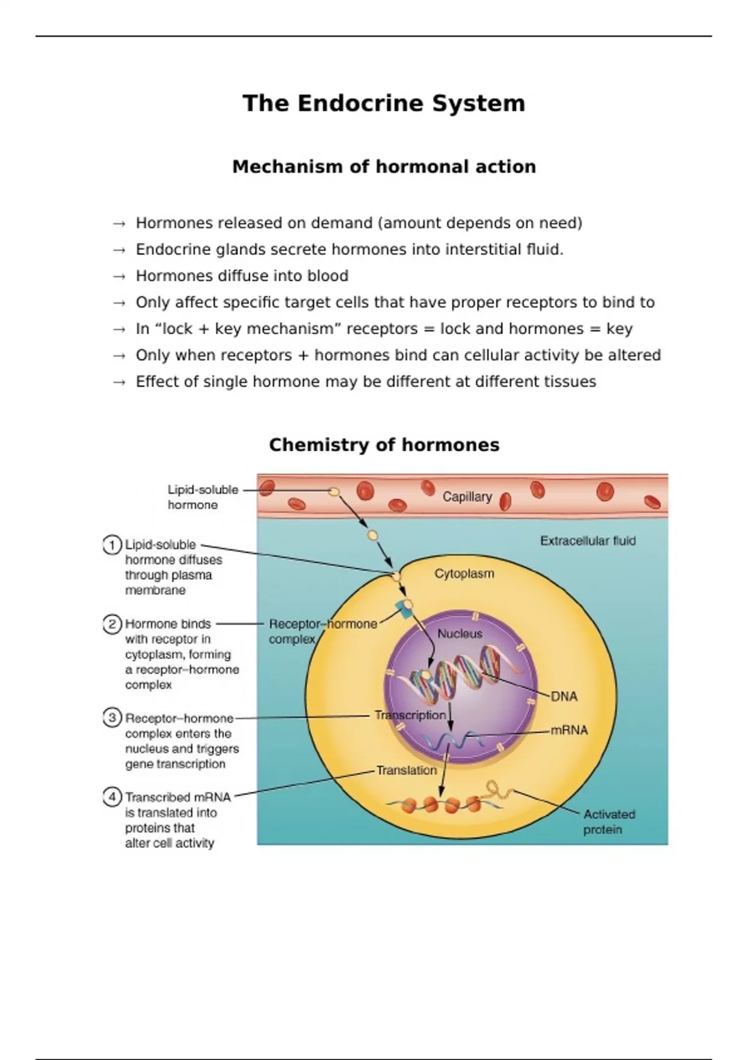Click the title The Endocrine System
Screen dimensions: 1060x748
click(x=383, y=104)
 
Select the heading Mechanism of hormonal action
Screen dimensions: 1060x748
click(x=383, y=167)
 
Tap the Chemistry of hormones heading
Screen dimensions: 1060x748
click(x=384, y=445)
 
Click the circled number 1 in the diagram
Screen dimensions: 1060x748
click(x=112, y=546)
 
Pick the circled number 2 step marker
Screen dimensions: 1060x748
click(x=112, y=624)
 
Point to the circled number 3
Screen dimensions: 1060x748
click(x=112, y=718)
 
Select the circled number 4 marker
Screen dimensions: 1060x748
click(x=112, y=797)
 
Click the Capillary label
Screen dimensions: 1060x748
click(x=467, y=497)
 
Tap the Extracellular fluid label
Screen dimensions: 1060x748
click(x=587, y=541)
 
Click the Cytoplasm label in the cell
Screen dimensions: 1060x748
click(x=464, y=574)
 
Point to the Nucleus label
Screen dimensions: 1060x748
click(x=459, y=634)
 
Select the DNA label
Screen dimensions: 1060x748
click(x=563, y=696)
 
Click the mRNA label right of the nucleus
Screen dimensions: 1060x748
click(x=569, y=730)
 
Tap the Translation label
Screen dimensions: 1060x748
click(x=406, y=771)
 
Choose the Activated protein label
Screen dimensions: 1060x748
click(x=608, y=822)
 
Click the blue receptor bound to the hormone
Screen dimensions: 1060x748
click(x=402, y=609)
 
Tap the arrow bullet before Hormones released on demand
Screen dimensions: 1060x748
click(x=119, y=224)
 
